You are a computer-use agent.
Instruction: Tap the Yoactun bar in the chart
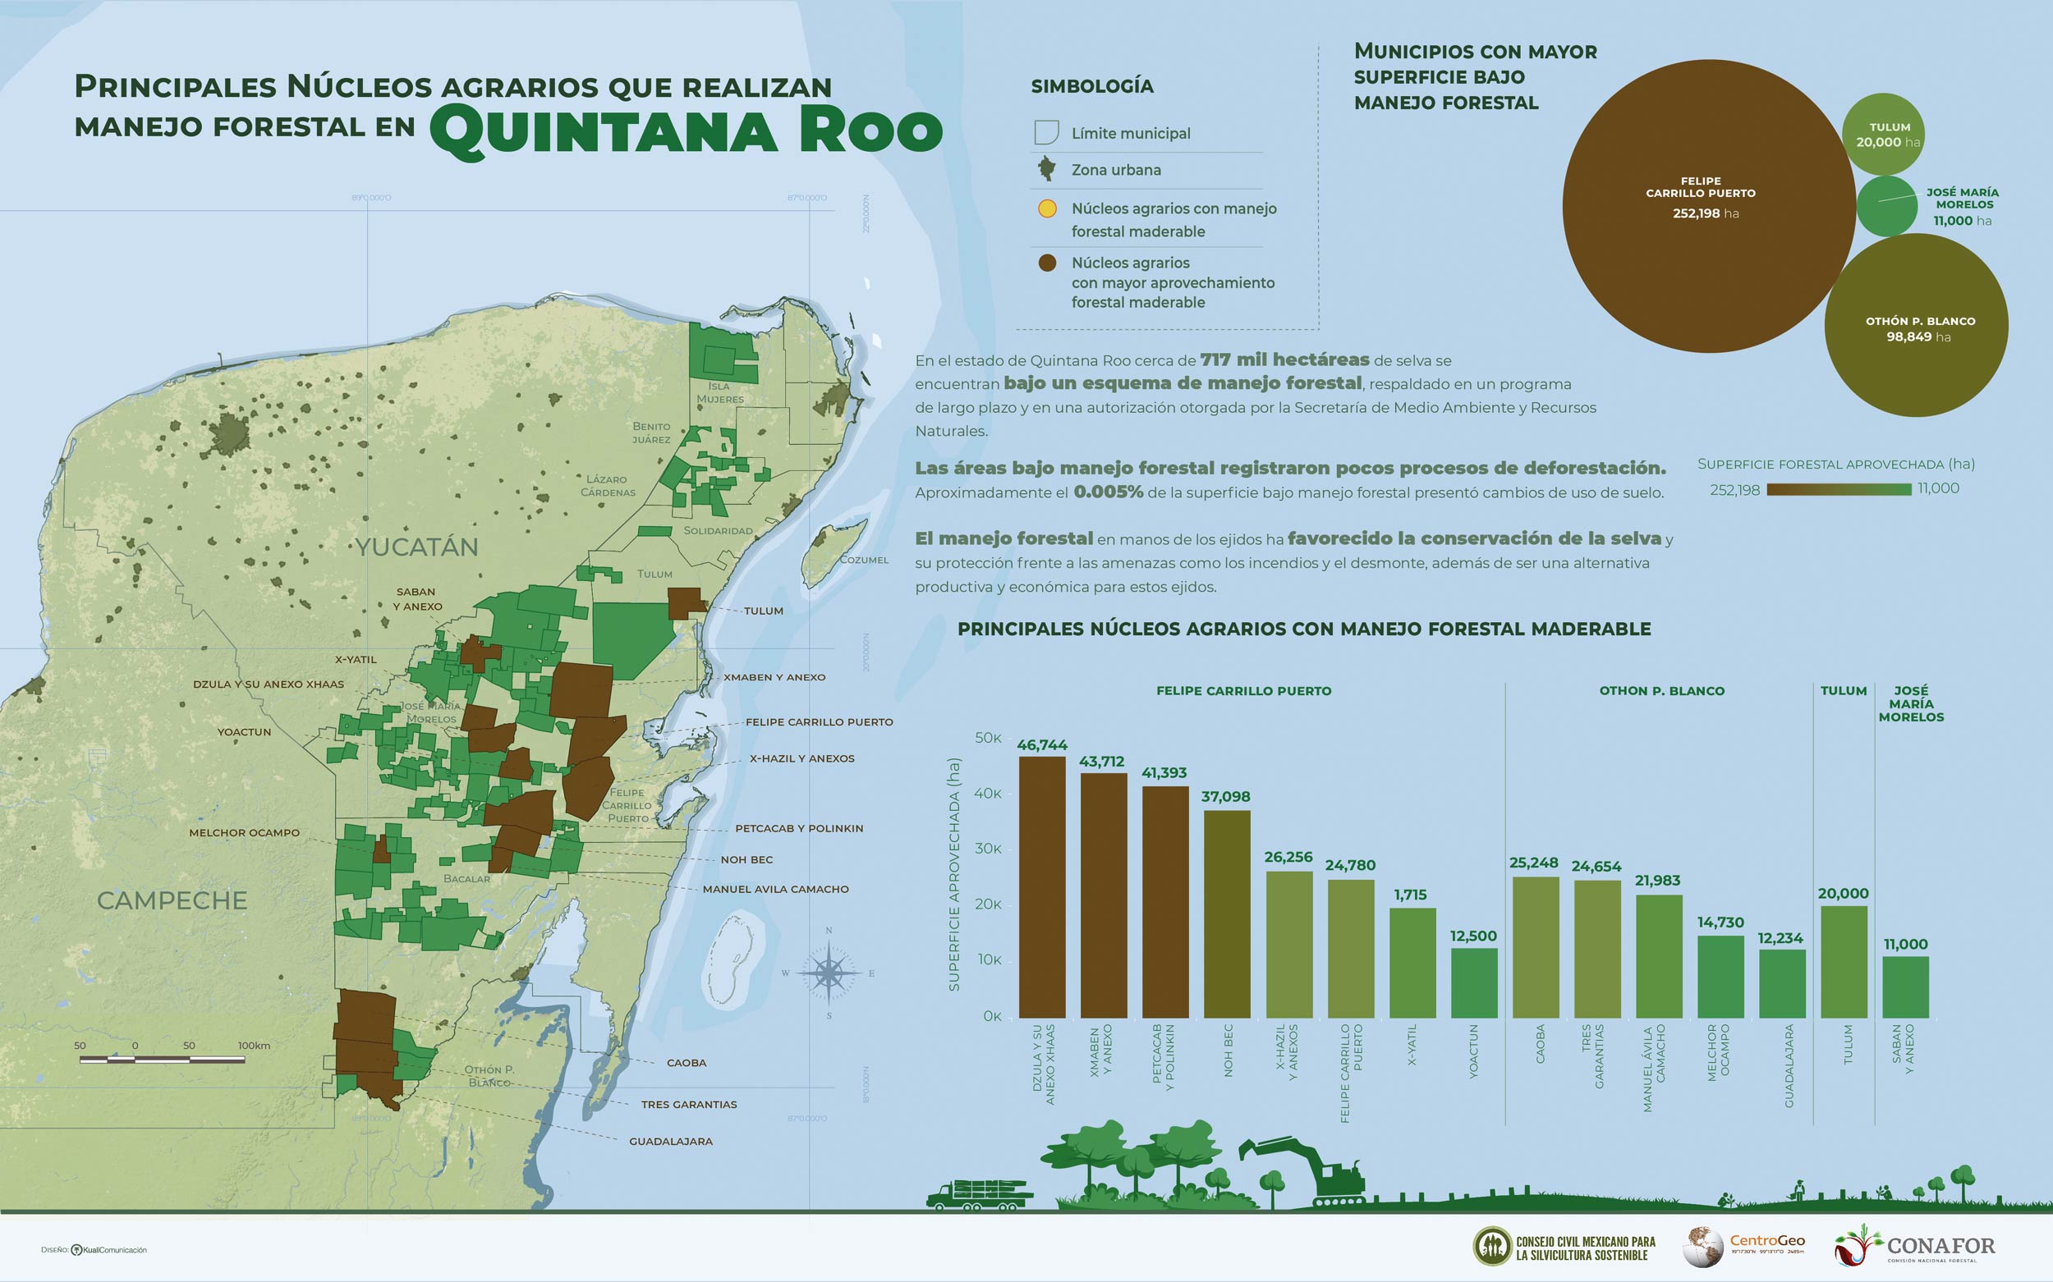(1473, 982)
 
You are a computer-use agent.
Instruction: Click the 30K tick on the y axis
(990, 849)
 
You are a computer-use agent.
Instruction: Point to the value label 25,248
(1533, 863)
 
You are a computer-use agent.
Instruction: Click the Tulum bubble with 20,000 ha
(1882, 134)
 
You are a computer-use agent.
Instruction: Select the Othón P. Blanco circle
(1916, 327)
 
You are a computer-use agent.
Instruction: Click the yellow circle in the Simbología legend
(1048, 208)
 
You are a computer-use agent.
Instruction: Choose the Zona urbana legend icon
(1048, 169)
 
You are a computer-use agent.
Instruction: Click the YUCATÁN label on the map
(416, 547)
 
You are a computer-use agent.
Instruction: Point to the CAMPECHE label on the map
(172, 900)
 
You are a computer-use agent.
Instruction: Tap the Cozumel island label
(864, 560)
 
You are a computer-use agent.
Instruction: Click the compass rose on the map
(829, 973)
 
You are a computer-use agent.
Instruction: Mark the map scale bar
(162, 1059)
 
